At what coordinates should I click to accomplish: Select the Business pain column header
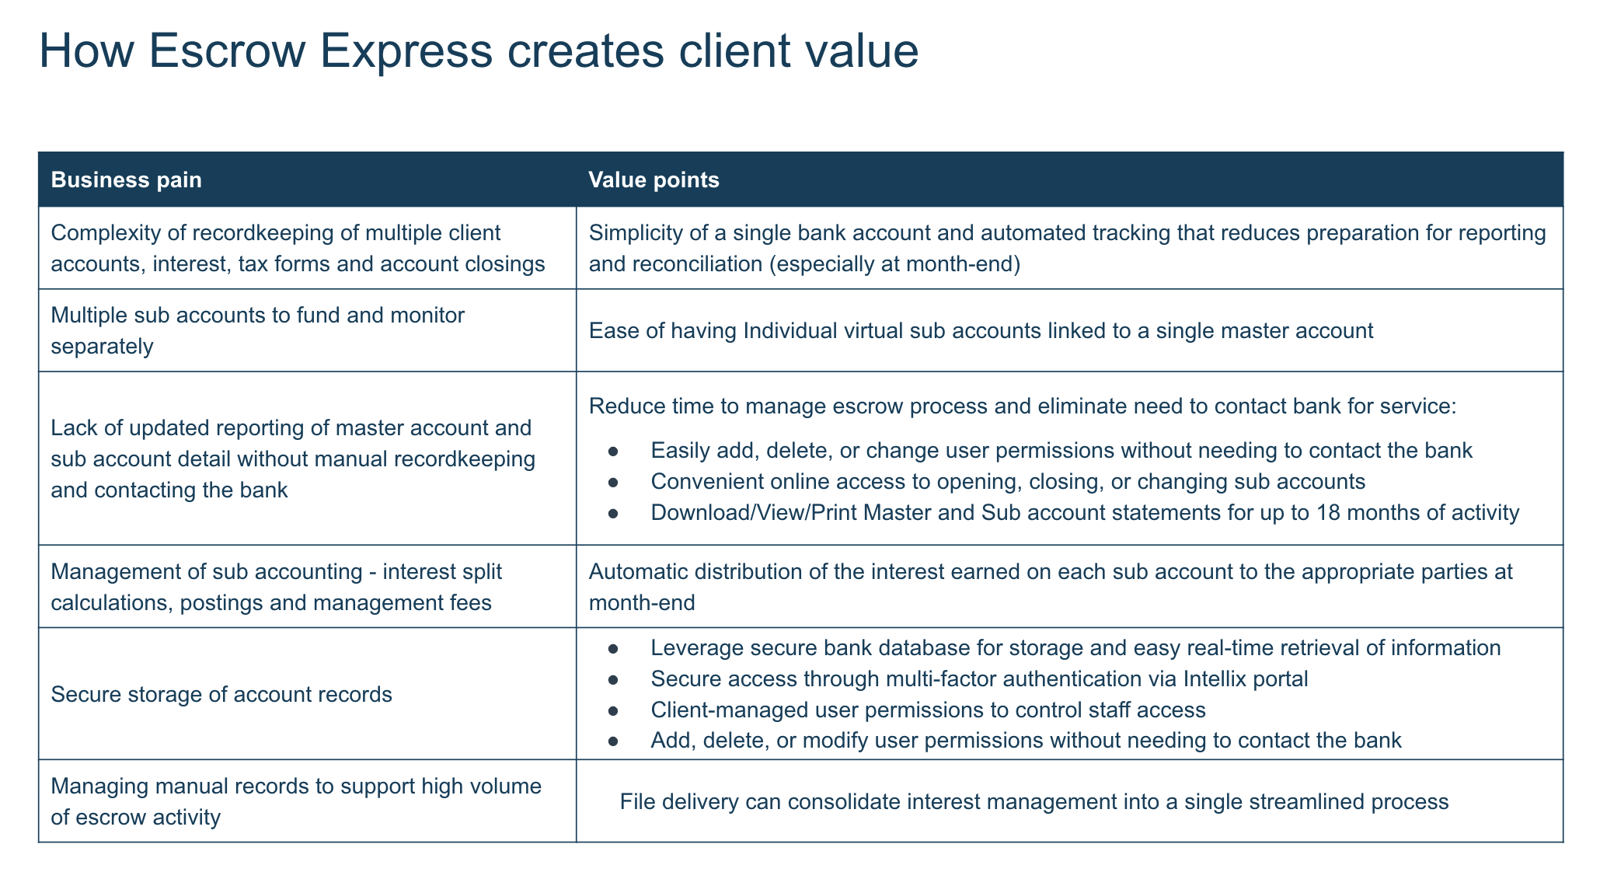(x=126, y=180)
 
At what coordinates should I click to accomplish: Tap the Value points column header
(x=654, y=180)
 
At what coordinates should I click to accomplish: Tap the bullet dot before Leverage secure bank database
(x=613, y=648)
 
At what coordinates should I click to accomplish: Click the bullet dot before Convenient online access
(x=613, y=482)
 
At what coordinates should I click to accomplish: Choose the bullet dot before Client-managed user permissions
(x=613, y=710)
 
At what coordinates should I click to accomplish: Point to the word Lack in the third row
(x=72, y=428)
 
